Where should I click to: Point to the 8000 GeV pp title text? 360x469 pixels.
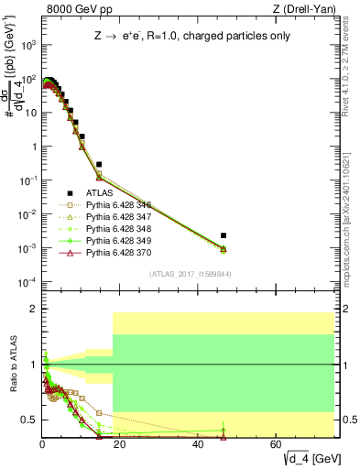(74, 10)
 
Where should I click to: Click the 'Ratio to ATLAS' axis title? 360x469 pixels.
(14, 368)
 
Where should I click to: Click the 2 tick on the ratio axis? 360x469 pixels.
(34, 310)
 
